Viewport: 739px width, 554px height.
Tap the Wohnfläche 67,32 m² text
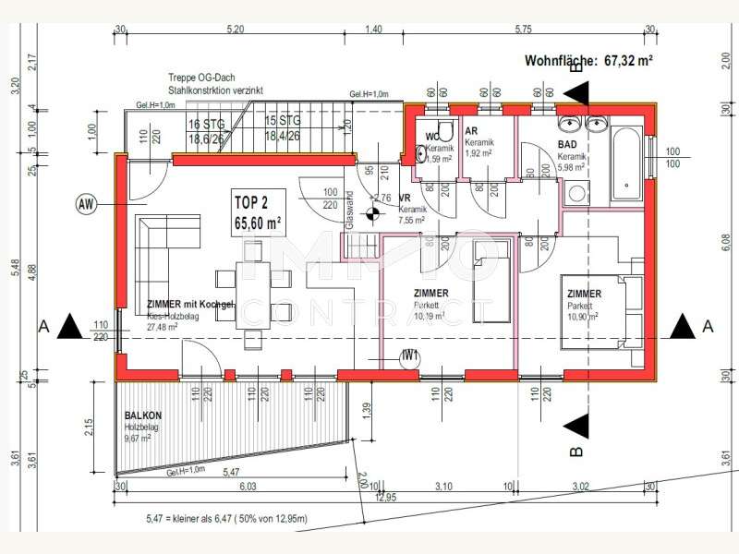coord(589,62)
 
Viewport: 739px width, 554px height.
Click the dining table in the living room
coord(254,295)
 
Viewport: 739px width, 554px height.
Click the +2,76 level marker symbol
coord(374,215)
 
